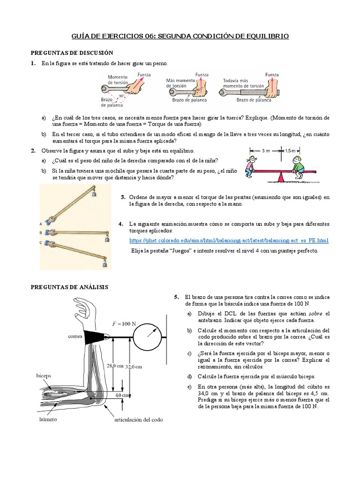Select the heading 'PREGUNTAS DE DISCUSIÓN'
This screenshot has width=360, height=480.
72,52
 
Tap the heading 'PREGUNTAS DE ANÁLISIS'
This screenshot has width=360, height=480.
69,286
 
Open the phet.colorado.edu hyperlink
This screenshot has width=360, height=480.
229,240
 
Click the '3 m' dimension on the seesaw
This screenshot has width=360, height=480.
265,150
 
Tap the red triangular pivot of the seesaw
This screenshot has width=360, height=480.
281,177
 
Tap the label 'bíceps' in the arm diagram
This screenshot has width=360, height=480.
45,375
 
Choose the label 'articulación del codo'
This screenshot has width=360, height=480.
138,420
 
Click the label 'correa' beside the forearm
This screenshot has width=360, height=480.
75,336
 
